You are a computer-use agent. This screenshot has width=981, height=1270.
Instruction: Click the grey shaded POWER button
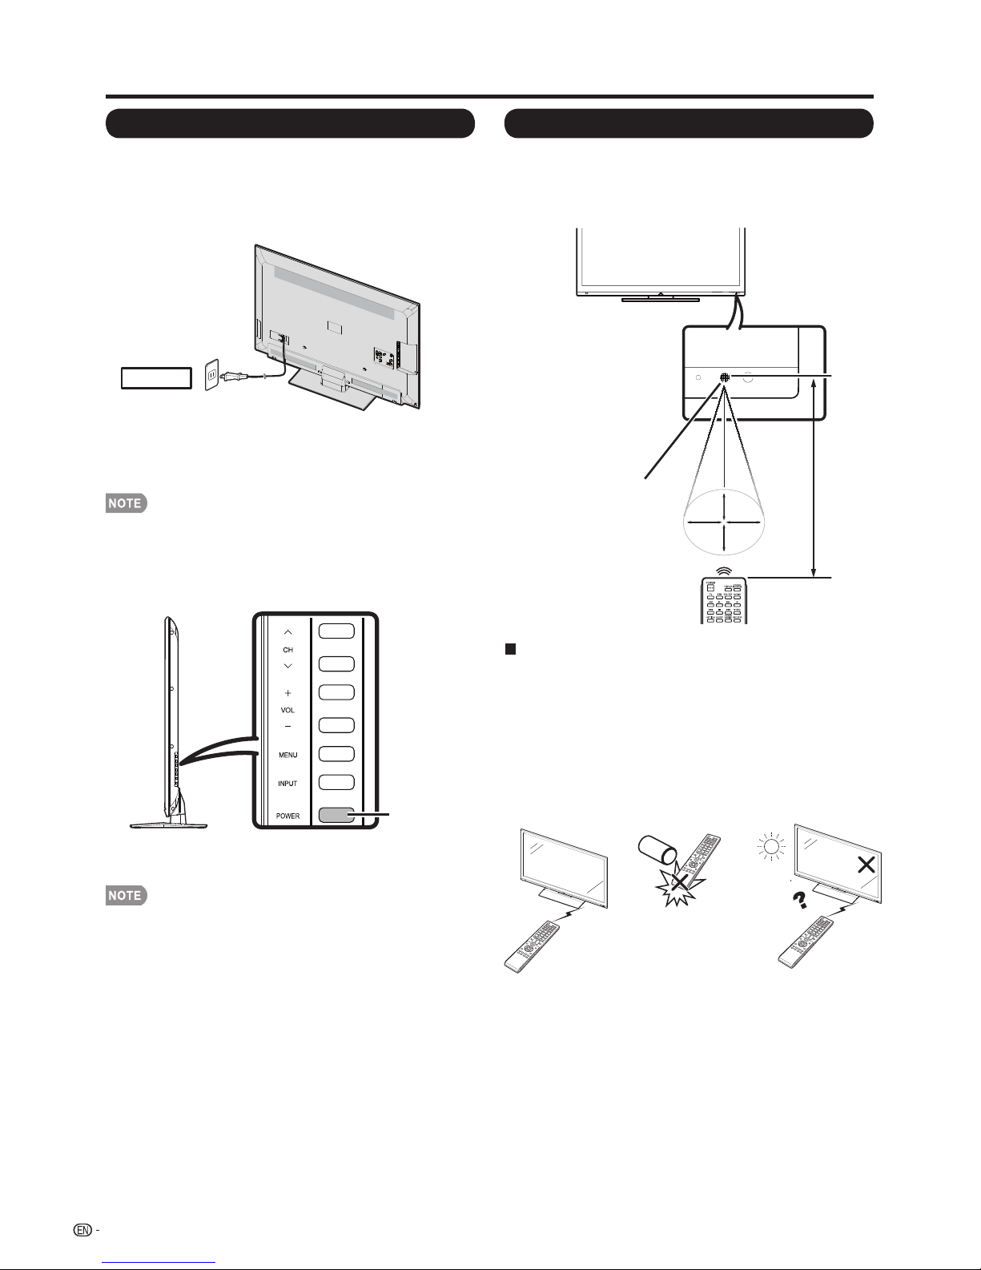(x=336, y=816)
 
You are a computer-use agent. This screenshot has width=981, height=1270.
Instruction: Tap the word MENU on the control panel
(x=287, y=755)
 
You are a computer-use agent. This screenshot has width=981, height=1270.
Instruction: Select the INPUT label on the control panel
(x=287, y=784)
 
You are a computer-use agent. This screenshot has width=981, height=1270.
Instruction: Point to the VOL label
(x=287, y=710)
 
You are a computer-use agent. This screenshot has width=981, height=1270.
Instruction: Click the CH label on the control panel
(x=287, y=650)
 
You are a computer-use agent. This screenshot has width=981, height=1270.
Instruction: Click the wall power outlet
(x=212, y=375)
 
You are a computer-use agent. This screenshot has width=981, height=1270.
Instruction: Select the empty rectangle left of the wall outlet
(x=156, y=378)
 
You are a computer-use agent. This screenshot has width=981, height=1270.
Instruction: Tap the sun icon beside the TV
(x=771, y=845)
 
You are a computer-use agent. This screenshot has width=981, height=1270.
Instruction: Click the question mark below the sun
(x=800, y=900)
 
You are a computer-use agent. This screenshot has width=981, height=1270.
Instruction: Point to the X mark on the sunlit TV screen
(x=866, y=865)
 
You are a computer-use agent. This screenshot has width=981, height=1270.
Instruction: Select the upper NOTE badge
(x=127, y=503)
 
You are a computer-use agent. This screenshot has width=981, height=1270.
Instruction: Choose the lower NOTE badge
(x=127, y=895)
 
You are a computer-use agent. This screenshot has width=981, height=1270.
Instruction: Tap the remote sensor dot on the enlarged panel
(x=725, y=377)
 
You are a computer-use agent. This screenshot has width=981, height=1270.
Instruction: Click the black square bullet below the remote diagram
(x=510, y=649)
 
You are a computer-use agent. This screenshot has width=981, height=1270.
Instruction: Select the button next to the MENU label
(x=336, y=754)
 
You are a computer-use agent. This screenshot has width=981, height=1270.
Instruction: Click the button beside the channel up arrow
(x=336, y=631)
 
